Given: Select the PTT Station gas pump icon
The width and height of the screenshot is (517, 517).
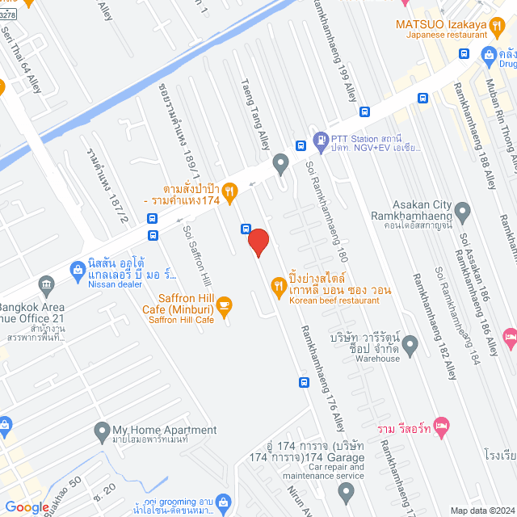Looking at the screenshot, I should coord(321,140).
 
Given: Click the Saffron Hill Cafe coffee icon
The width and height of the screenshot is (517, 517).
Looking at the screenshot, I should coord(224,305).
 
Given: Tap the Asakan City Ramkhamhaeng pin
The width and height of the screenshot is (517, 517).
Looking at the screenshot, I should coord(463,212).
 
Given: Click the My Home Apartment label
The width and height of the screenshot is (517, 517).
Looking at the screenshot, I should coord(164,431).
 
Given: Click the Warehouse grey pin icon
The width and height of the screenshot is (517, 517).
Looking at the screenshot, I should coord(410,345).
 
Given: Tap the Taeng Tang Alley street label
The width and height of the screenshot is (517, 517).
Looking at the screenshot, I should coord(254,113).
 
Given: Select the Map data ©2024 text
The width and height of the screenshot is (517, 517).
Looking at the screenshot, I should coord(481,510).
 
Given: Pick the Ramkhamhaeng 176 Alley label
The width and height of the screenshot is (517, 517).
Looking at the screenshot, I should coord(323,376).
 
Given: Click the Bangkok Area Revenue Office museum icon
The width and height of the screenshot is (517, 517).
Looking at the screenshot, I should coord(46,284).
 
